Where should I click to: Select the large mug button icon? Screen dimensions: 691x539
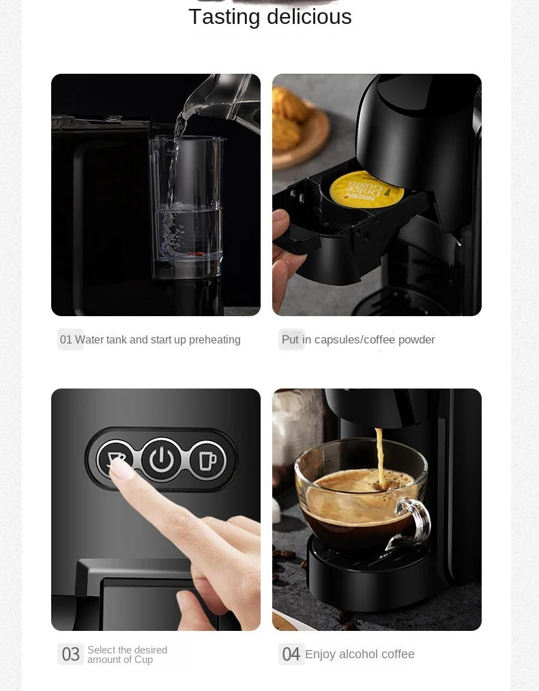(x=207, y=459)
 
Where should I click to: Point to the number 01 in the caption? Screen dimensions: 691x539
(x=65, y=340)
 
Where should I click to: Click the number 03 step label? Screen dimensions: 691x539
(x=71, y=654)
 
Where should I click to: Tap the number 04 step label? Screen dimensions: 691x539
(x=291, y=654)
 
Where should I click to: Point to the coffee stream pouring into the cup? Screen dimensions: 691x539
(x=379, y=454)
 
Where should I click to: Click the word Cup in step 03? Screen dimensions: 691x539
(x=143, y=660)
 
